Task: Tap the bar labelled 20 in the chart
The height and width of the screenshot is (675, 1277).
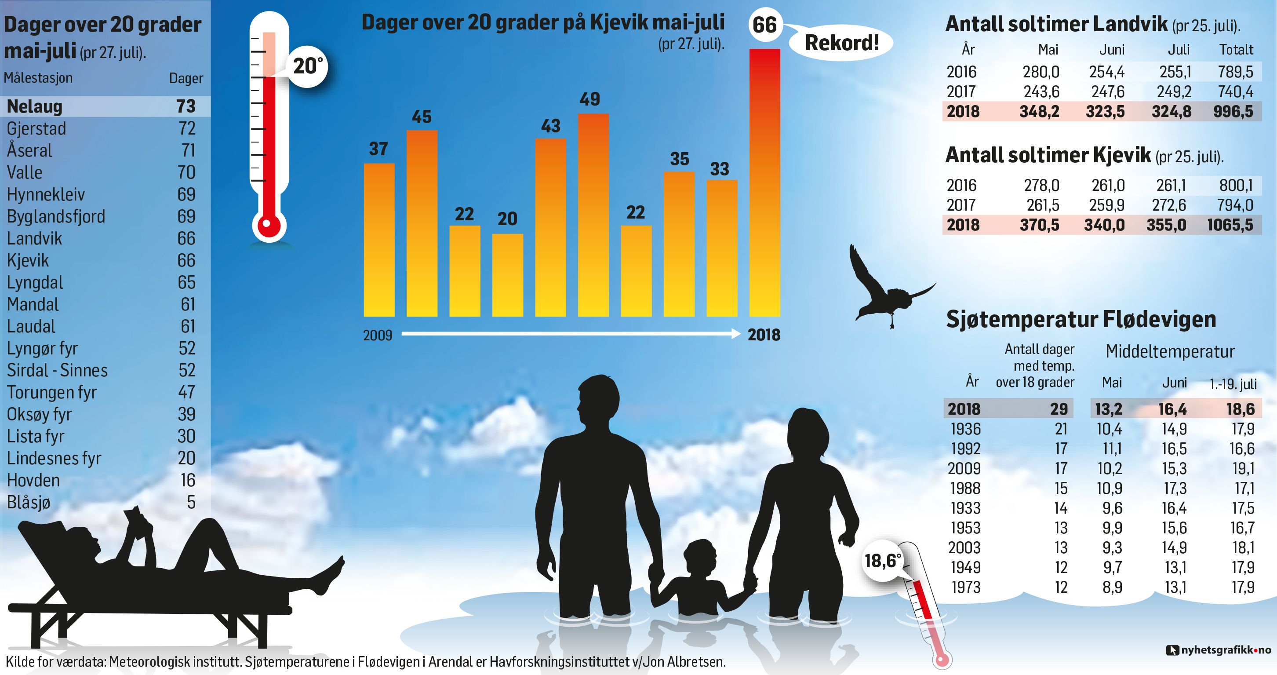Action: pyautogui.click(x=507, y=275)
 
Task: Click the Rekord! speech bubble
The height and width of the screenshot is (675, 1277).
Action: pyautogui.click(x=841, y=43)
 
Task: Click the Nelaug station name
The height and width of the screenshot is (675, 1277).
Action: pyautogui.click(x=35, y=106)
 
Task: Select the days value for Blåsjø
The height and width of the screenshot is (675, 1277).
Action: pyautogui.click(x=191, y=503)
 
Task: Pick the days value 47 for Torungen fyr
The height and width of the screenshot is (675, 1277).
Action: pyautogui.click(x=186, y=392)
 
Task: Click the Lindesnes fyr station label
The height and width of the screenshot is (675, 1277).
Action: pyautogui.click(x=54, y=458)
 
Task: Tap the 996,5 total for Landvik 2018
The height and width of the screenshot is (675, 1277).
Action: pyautogui.click(x=1233, y=112)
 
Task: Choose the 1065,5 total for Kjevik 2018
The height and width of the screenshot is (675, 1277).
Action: pyautogui.click(x=1230, y=225)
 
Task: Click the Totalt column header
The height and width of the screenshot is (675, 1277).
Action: pyautogui.click(x=1237, y=50)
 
